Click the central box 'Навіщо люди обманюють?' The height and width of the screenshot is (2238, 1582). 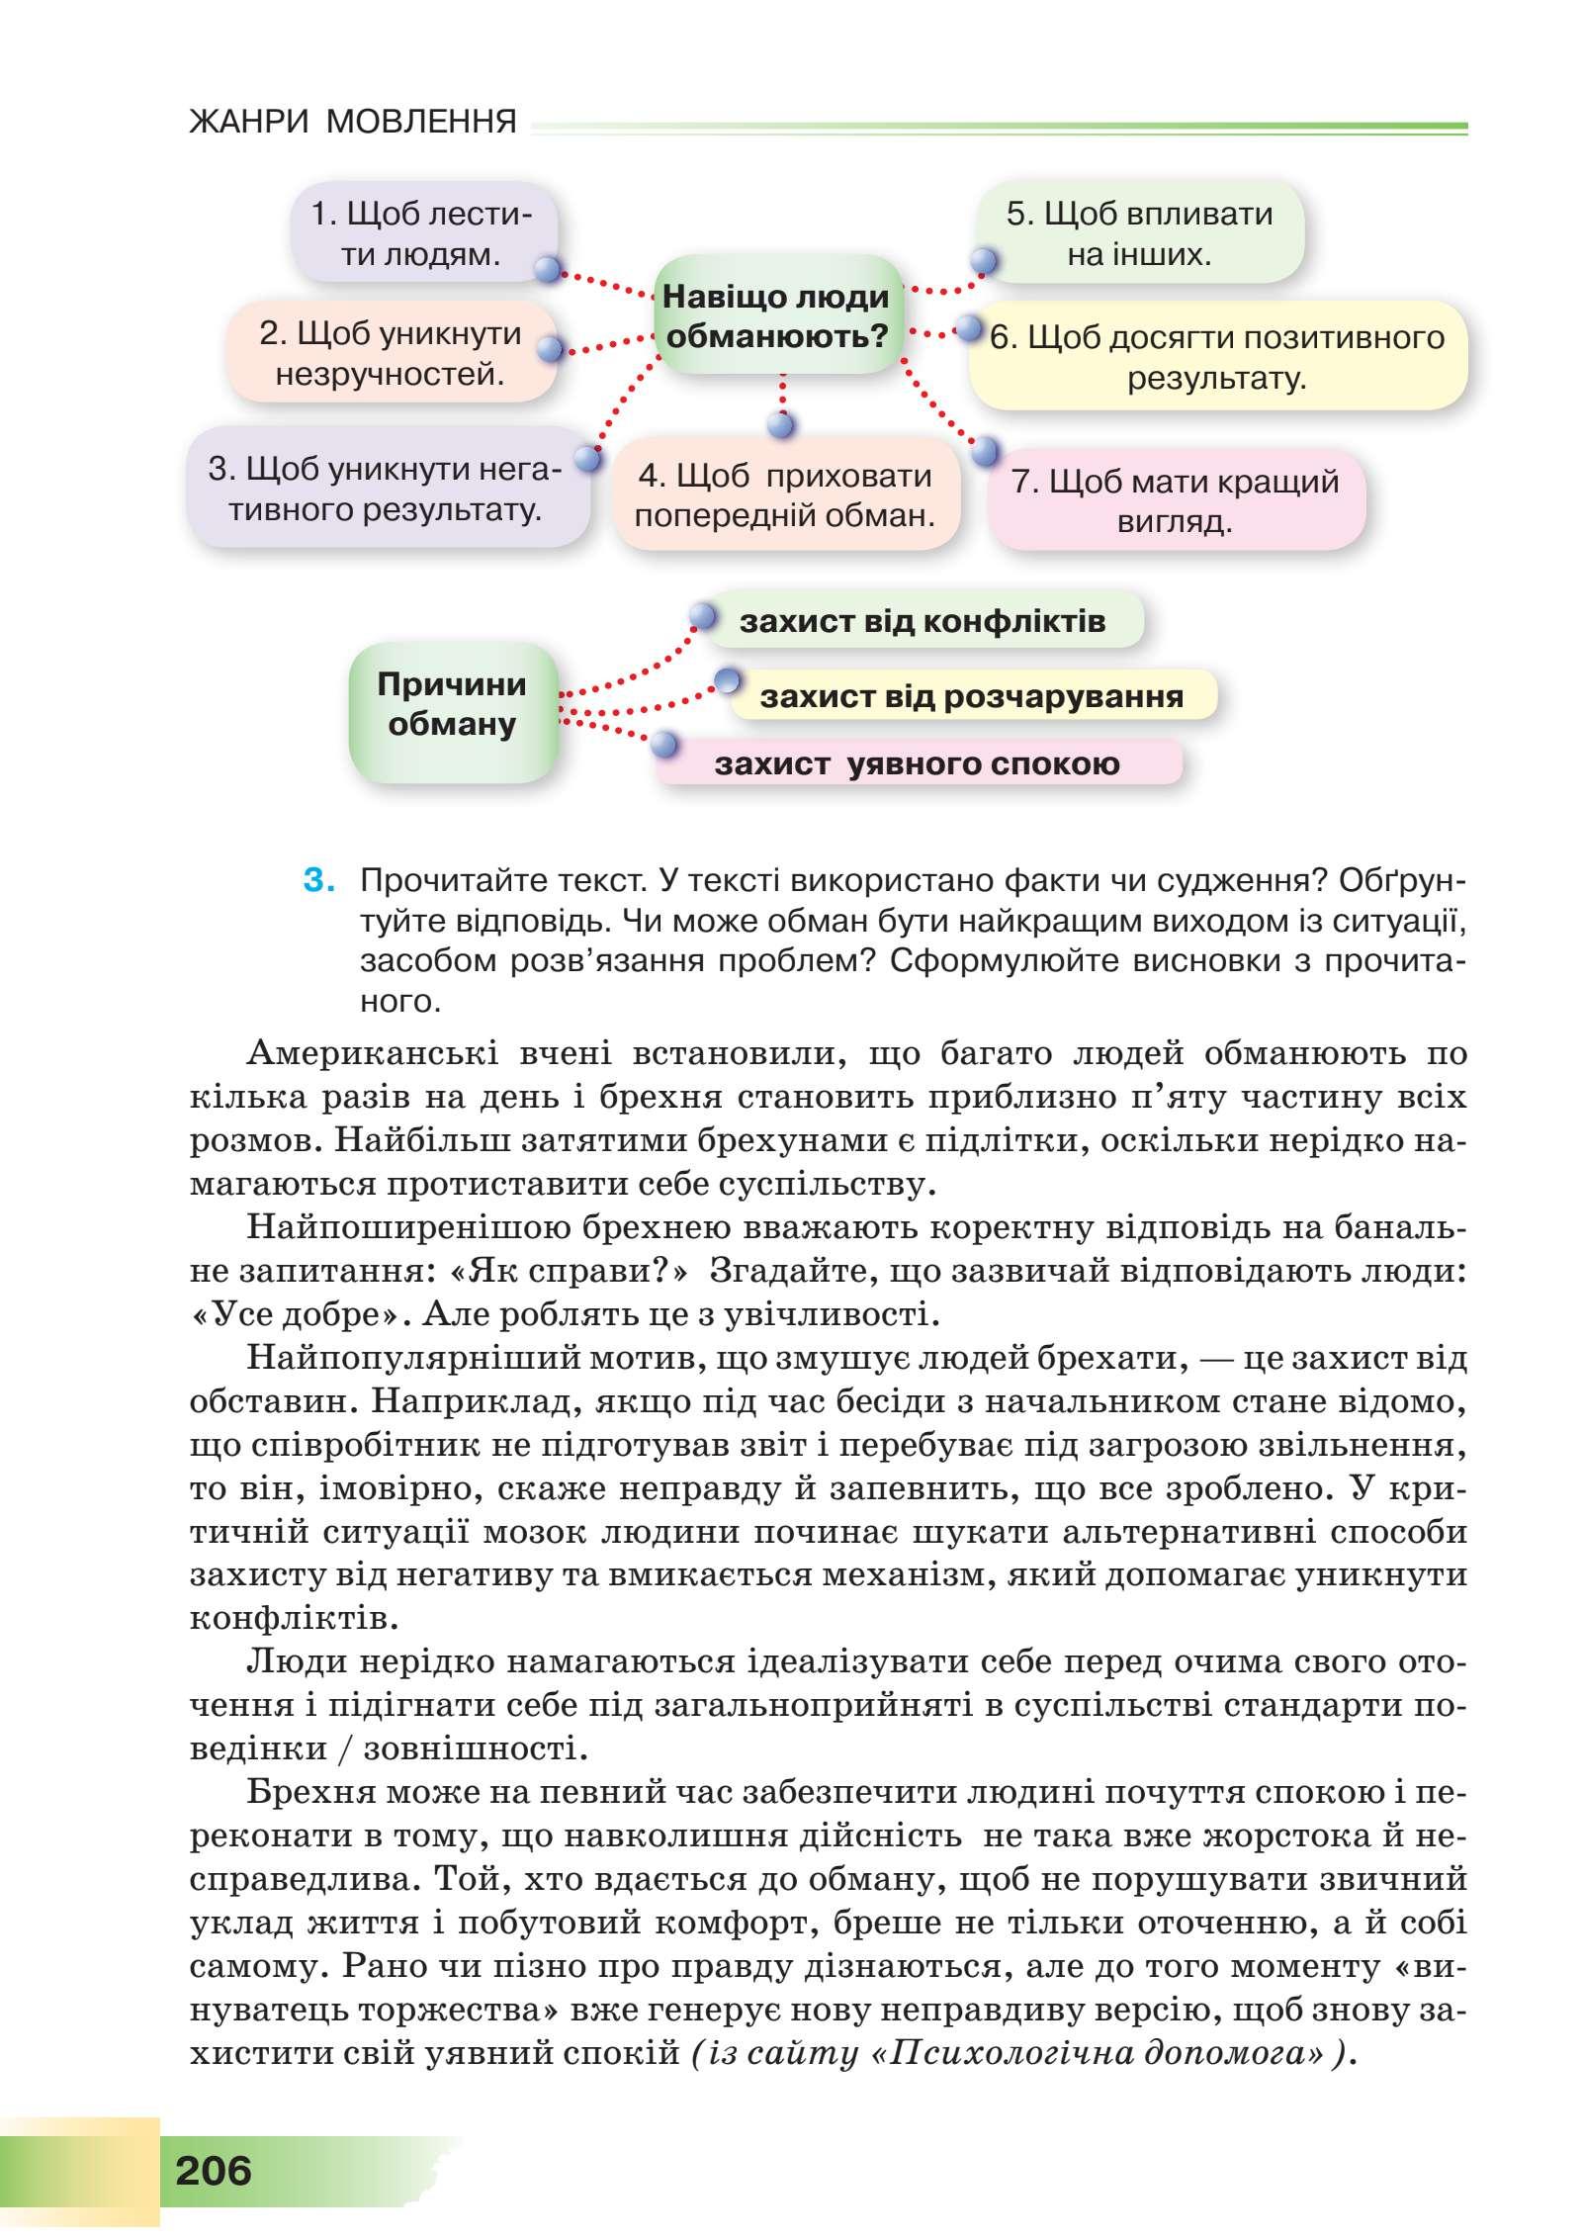click(x=777, y=315)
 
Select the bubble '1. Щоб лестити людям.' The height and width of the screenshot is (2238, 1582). click(x=422, y=235)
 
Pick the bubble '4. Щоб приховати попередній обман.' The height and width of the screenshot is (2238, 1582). click(x=785, y=495)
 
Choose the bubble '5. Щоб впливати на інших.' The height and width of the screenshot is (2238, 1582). click(x=1139, y=234)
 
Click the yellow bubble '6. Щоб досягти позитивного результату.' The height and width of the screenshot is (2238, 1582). click(x=1217, y=357)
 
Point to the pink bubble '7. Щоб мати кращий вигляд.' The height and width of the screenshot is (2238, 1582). click(x=1175, y=501)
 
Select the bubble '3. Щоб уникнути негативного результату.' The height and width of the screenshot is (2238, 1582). click(x=386, y=490)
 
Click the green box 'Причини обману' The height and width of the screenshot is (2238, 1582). click(x=452, y=705)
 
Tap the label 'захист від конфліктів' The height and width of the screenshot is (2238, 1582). click(x=922, y=621)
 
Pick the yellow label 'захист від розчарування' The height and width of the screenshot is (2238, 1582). click(x=971, y=696)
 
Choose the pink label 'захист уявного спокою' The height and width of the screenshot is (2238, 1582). click(x=917, y=763)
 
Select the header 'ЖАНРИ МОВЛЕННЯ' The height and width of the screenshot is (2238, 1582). click(x=353, y=123)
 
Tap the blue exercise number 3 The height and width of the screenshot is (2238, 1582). click(x=316, y=879)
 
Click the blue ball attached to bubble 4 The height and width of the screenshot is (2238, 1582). click(x=781, y=425)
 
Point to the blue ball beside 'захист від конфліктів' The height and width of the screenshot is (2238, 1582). click(x=701, y=616)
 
